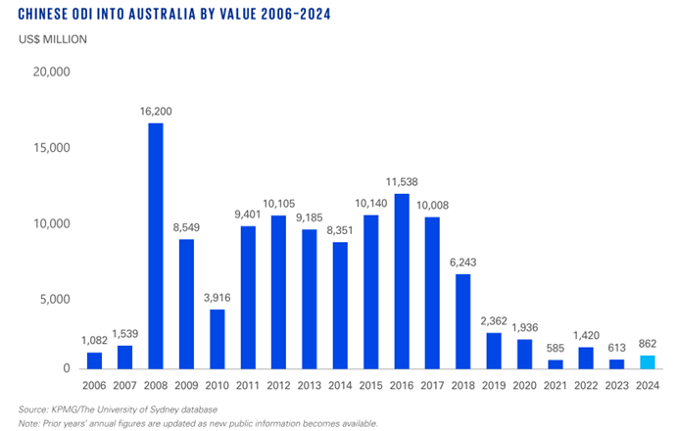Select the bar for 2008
click(156, 245)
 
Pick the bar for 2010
click(218, 338)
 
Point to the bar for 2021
click(555, 363)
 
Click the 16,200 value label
click(156, 114)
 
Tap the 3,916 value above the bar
click(218, 300)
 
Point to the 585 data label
click(555, 350)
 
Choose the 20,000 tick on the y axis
click(51, 72)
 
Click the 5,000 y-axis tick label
click(55, 296)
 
